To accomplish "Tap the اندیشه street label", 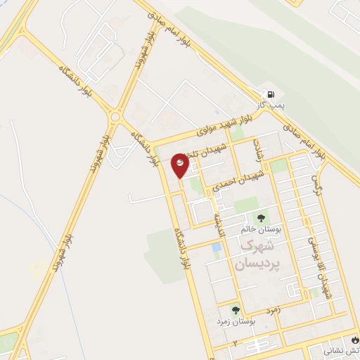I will pos(219,225).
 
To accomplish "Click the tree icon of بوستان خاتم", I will pos(262,218).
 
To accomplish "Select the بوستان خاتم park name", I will pos(261,229).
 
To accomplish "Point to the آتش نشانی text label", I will pos(341,349).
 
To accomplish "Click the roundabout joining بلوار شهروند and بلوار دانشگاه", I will pos(117,116).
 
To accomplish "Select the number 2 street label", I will pos(236,342).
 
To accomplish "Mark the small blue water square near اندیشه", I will pos(214,247).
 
